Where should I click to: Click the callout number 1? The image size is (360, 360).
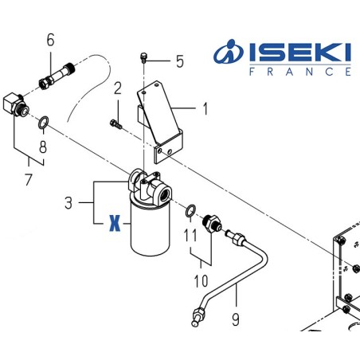tap(205, 108)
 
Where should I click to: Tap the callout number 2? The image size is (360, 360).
tap(117, 88)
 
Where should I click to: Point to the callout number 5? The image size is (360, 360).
tap(179, 61)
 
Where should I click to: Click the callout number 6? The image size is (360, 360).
tap(51, 39)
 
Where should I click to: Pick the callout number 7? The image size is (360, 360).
tap(28, 178)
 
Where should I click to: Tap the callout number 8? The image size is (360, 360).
tap(43, 147)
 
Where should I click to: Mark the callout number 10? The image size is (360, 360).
tap(200, 280)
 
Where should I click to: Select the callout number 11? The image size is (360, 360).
tap(190, 236)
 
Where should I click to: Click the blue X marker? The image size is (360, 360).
tap(114, 225)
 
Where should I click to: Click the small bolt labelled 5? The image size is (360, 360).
tap(144, 57)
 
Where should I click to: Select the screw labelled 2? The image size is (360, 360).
tap(115, 122)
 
